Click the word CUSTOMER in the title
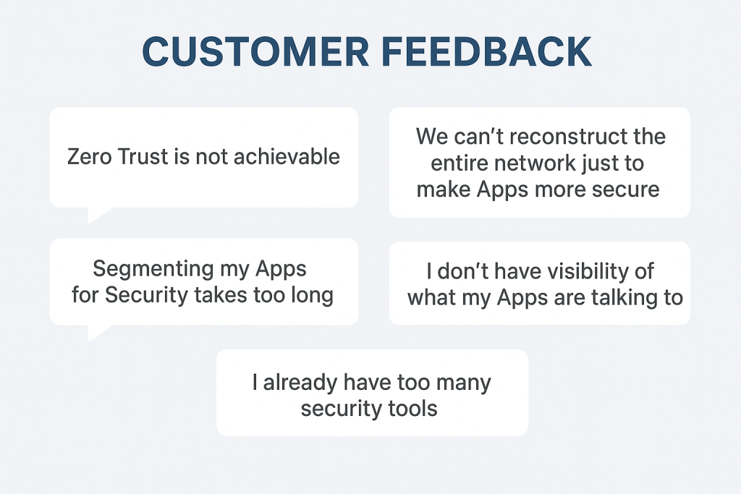click(x=255, y=51)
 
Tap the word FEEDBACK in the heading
click(x=486, y=51)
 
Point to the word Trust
click(x=143, y=157)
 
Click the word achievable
click(x=287, y=156)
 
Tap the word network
click(x=535, y=163)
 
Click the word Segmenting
click(x=154, y=270)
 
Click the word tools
click(x=413, y=409)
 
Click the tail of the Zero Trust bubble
click(x=97, y=214)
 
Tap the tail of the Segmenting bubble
click(x=97, y=332)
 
